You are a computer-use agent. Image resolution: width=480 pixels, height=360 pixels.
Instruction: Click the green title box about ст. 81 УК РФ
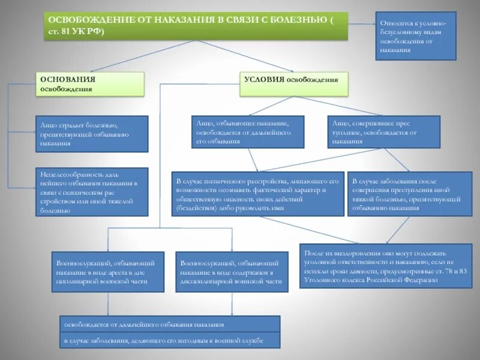point(196,26)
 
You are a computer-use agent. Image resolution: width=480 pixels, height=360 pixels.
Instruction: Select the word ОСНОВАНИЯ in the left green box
point(60,79)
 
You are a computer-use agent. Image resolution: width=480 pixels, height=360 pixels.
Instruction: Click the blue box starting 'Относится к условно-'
point(416,35)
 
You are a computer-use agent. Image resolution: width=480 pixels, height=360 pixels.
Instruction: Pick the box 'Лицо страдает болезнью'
point(92,133)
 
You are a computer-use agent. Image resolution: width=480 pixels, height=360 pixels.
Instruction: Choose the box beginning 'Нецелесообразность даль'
point(92,191)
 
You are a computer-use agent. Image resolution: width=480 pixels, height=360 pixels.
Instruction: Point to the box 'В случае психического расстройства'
point(258,194)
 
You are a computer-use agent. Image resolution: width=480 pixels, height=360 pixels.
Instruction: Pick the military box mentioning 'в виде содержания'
point(230,271)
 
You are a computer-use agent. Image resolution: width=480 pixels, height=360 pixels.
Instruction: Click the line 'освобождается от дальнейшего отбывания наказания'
point(170,324)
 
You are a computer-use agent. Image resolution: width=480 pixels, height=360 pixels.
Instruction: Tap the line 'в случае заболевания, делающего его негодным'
point(170,340)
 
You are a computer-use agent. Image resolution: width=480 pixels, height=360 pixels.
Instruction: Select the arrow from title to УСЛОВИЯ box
point(246,56)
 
